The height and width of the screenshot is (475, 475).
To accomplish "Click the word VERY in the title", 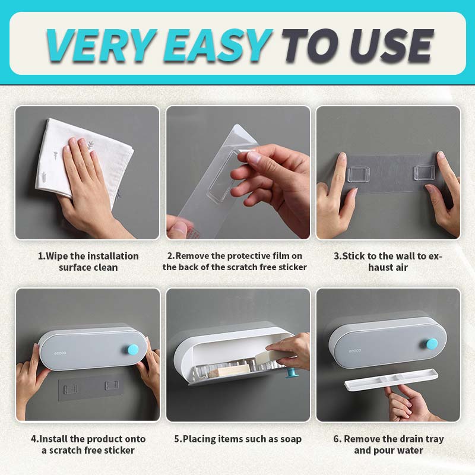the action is coord(100,46).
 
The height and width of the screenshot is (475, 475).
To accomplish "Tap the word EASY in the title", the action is coord(217,46).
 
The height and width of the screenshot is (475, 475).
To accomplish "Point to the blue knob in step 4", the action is coord(132,349).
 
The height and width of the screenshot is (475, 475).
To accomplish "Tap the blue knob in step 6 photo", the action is coord(432,344).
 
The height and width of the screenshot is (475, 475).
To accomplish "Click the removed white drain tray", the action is coord(391,379).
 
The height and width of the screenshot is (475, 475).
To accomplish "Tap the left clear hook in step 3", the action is coord(359,174).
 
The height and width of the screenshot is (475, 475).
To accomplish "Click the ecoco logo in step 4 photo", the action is coord(60,353).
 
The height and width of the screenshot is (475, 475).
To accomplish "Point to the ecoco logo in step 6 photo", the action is coord(354,351).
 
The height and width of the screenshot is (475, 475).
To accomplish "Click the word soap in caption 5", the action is coord(290,439).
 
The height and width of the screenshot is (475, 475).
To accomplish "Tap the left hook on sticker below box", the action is coord(71,389).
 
